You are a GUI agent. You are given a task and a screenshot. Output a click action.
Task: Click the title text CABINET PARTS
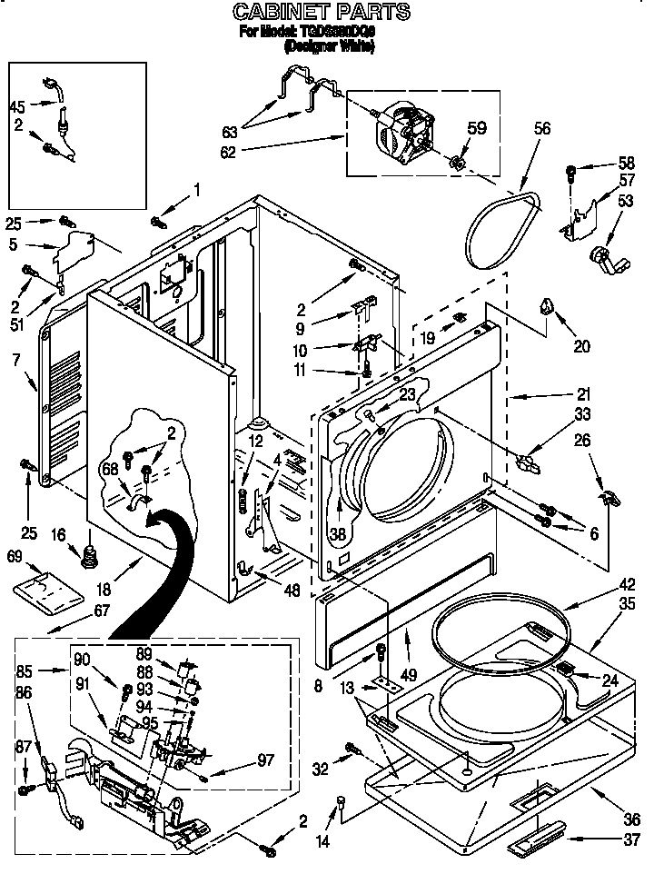pyautogui.click(x=322, y=12)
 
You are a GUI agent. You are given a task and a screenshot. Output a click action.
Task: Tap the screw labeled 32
pyautogui.click(x=350, y=750)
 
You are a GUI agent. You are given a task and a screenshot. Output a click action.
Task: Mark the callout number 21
pyautogui.click(x=582, y=394)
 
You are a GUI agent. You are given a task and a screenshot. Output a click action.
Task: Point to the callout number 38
pyautogui.click(x=338, y=535)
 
